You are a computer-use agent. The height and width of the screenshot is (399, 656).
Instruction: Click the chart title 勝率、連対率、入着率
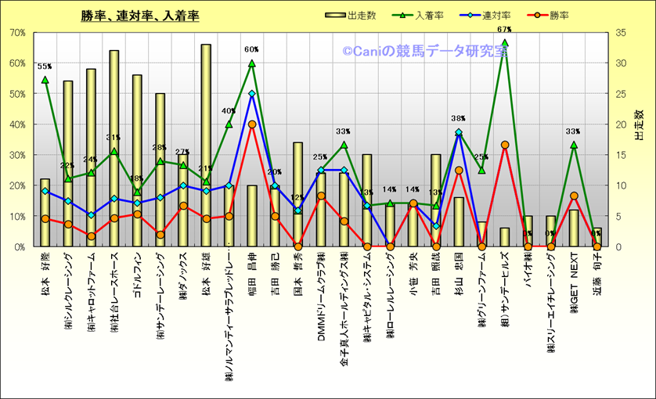point(140,16)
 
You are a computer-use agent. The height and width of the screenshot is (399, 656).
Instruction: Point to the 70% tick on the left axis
point(17,33)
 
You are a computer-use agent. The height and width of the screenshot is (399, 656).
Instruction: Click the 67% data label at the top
point(504,31)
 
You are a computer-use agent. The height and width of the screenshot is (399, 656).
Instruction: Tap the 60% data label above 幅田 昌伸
point(251,50)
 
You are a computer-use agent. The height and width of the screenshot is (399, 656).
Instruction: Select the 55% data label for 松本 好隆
point(45,67)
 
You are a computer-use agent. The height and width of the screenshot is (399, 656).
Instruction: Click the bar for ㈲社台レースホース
point(114,149)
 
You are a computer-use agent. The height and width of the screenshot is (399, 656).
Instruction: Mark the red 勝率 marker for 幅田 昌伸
point(252,124)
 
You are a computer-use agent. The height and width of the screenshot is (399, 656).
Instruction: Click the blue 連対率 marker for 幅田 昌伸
point(252,94)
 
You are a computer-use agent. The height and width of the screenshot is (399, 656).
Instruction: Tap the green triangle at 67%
point(505,43)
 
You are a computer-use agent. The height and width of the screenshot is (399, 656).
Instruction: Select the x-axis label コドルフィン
point(137,274)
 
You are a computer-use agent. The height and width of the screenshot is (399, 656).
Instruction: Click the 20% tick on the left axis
point(17,185)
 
